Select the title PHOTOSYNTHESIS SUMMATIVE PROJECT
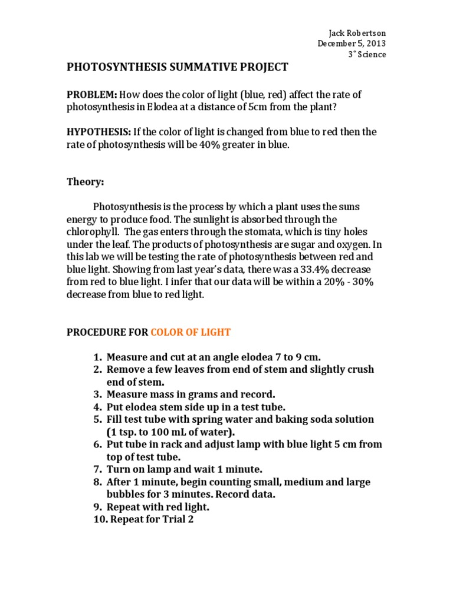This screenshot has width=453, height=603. (x=178, y=67)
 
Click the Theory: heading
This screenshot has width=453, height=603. (x=85, y=182)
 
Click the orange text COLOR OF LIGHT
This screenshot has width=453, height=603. (x=191, y=333)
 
